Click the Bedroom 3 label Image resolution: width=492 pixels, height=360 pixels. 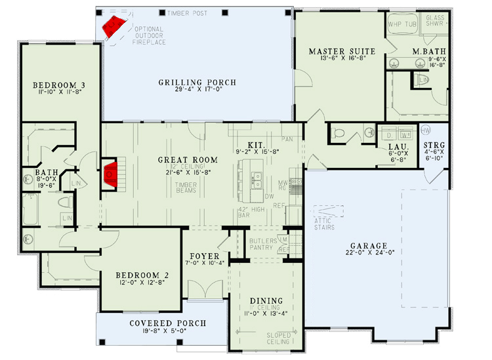click(60, 85)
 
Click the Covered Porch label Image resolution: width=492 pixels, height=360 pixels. click(167, 323)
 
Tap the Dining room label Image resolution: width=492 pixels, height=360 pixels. click(266, 301)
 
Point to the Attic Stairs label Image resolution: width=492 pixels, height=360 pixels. click(324, 224)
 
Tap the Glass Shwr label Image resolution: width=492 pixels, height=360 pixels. click(436, 22)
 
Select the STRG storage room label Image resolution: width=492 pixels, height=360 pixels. click(434, 145)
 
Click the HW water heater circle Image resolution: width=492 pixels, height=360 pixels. click(426, 129)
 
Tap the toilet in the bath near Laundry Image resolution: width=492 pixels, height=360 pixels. click(338, 133)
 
